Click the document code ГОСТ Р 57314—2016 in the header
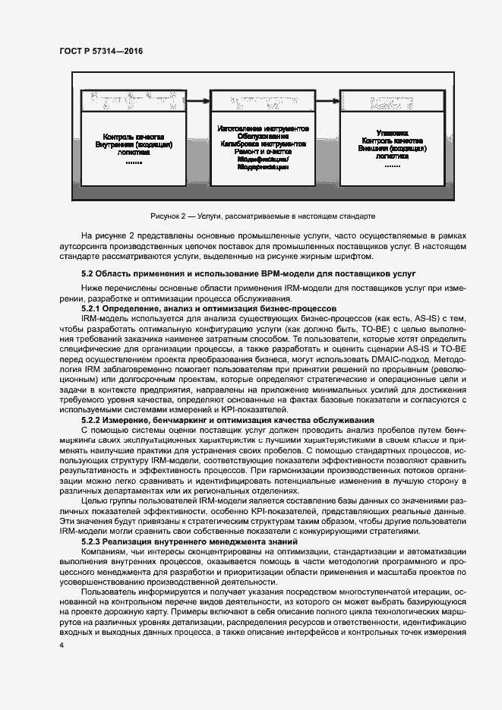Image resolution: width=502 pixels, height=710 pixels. [101, 51]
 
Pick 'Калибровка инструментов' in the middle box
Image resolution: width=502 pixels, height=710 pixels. [262, 144]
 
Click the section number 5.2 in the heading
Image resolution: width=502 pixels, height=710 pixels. [87, 273]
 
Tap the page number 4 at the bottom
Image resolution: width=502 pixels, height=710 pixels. [62, 645]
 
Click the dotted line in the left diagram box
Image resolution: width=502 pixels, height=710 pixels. [134, 162]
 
